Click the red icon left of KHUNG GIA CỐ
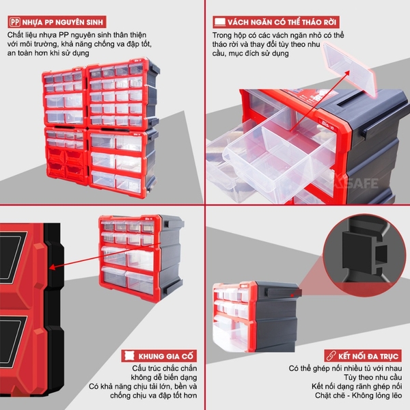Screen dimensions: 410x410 tap(126, 356)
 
